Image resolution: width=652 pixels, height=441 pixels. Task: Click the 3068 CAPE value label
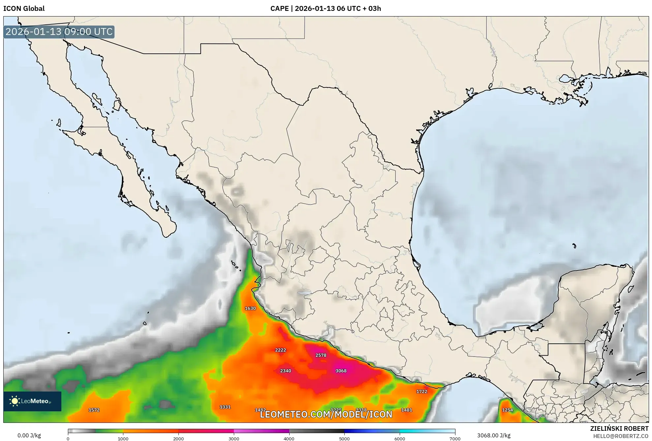point(341,371)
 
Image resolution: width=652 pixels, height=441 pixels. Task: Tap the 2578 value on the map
point(321,355)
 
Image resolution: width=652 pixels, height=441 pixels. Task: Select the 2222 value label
point(280,350)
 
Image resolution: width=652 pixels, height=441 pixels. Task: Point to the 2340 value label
point(285,371)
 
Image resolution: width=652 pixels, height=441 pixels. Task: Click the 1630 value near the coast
point(250,308)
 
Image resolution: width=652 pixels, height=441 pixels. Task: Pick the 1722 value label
point(421,392)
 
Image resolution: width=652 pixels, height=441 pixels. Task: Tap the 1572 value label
point(94,410)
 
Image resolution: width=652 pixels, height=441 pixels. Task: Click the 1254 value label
point(507,410)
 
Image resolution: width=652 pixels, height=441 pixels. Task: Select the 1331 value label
point(225,407)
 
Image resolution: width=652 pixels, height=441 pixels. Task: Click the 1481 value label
point(406,410)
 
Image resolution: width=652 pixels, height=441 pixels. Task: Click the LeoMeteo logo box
point(32,401)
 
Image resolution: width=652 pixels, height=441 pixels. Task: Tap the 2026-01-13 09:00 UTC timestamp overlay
point(59,32)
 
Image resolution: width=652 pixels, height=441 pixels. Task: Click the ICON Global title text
point(24,9)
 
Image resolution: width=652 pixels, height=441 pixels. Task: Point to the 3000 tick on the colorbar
point(234,438)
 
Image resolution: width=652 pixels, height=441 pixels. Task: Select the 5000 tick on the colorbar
point(344,438)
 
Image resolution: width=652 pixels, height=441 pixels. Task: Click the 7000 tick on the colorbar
point(455,438)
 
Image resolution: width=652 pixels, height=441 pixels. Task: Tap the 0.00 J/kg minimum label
point(29,435)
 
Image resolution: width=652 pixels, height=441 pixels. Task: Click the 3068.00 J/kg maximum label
point(494,435)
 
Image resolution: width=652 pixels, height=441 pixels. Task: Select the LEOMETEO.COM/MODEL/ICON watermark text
point(326,414)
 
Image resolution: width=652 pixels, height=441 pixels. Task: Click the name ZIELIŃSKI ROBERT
point(619,428)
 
